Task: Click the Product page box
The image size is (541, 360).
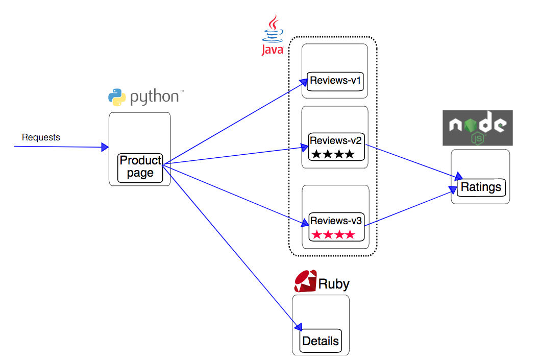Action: pyautogui.click(x=140, y=167)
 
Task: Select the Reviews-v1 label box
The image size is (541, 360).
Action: pyautogui.click(x=336, y=81)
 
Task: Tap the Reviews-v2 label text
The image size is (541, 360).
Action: pyautogui.click(x=336, y=140)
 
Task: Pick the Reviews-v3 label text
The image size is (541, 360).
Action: pyautogui.click(x=336, y=221)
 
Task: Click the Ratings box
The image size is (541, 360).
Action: pyautogui.click(x=481, y=187)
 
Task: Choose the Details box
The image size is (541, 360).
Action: pyautogui.click(x=321, y=341)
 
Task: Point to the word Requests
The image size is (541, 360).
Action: pyautogui.click(x=41, y=137)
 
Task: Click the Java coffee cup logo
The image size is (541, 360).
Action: pyautogui.click(x=273, y=29)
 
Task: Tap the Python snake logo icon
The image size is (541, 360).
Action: pyautogui.click(x=117, y=97)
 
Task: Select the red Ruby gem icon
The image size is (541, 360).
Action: pyautogui.click(x=305, y=281)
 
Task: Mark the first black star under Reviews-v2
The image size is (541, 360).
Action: pyautogui.click(x=316, y=154)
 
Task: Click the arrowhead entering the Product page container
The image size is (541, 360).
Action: pyautogui.click(x=105, y=147)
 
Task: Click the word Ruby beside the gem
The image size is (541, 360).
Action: pyautogui.click(x=334, y=284)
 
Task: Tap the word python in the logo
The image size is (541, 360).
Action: pyautogui.click(x=154, y=97)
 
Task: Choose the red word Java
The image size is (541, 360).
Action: pyautogui.click(x=272, y=50)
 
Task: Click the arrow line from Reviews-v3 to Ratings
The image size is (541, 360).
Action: pyautogui.click(x=408, y=207)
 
